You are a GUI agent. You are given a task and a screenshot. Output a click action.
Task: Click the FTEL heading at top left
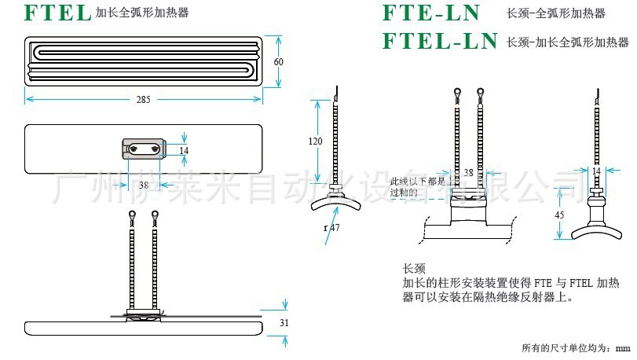coord(58,13)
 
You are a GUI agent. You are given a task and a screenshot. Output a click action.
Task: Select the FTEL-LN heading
coord(440,40)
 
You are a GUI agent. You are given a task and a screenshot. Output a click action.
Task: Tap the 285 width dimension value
coord(143,100)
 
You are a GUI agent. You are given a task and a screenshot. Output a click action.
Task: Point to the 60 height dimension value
coord(278,61)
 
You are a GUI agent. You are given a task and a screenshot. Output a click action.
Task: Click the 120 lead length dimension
coord(316,141)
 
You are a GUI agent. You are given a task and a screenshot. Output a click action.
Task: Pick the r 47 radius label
coord(331,228)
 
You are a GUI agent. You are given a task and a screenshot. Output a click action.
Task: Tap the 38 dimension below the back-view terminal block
coord(143,186)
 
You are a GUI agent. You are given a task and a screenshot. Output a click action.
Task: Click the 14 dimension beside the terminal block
coord(184,149)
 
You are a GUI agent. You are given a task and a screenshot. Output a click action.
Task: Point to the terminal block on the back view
coord(143,148)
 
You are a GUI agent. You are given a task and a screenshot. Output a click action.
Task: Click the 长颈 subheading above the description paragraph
coord(413,268)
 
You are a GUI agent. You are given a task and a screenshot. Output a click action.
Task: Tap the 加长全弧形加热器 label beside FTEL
coord(142,13)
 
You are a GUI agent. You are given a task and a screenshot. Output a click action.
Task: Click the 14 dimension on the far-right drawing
coord(596,171)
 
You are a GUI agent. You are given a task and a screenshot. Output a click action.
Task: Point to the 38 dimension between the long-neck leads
coord(468,172)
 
